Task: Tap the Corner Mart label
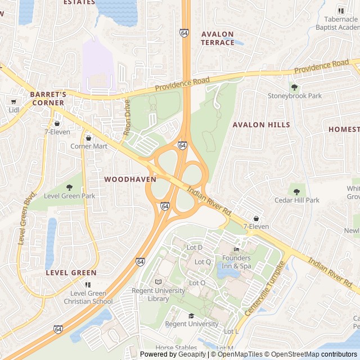click(88, 146)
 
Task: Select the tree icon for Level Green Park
click(70, 187)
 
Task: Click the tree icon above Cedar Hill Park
click(296, 192)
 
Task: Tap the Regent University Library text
click(158, 295)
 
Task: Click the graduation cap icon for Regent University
click(191, 316)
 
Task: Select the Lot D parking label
click(194, 247)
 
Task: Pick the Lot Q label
click(202, 262)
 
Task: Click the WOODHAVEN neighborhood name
click(130, 179)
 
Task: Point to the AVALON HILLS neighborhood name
click(261, 125)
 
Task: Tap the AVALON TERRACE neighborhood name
click(218, 38)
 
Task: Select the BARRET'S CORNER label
click(48, 98)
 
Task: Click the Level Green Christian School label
click(88, 297)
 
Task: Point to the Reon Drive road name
click(127, 118)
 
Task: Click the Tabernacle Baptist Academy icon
click(341, 10)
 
